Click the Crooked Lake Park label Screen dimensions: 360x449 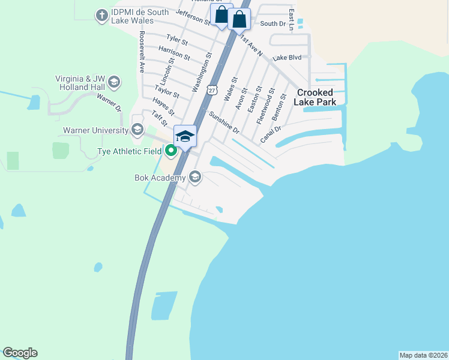point(315,97)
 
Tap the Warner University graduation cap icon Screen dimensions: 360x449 point(137,130)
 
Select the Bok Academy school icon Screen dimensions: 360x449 point(194,177)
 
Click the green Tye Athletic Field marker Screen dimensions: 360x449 point(171,151)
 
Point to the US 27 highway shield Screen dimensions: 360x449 point(211,89)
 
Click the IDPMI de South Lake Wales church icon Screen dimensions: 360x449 point(103,15)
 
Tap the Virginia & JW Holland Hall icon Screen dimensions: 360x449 point(114,82)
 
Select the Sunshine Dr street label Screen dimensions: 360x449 point(224,122)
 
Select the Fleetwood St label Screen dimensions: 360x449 point(265,106)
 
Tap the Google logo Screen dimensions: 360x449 point(20,353)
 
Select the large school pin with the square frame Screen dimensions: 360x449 point(185,137)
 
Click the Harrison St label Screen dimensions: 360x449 point(174,53)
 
